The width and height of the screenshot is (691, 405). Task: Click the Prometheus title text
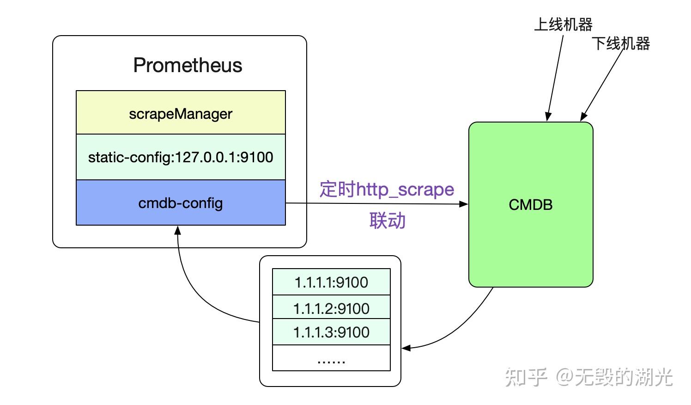point(188,65)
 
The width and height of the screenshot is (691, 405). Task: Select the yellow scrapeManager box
point(181,113)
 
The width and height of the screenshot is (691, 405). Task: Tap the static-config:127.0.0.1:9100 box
point(181,157)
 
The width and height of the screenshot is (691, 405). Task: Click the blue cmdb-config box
point(181,203)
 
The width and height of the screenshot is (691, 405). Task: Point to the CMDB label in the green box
point(530,205)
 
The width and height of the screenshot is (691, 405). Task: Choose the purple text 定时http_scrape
point(387,190)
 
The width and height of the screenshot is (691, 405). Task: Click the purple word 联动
point(387,221)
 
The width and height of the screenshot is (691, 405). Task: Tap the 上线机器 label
point(563,25)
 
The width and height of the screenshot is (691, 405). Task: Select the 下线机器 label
point(620,43)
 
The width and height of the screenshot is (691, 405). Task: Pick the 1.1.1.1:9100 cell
point(331,282)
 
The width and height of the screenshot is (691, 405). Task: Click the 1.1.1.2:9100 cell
point(331,308)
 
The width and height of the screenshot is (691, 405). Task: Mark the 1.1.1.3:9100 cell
point(331,332)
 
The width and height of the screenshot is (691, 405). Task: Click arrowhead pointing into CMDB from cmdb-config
point(464,204)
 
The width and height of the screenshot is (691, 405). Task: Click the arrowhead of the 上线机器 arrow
point(548,117)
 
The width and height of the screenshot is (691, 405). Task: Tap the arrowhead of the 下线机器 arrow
point(583,117)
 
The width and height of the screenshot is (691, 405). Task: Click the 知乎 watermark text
point(526,377)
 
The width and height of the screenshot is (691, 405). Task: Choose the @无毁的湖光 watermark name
point(614,377)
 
